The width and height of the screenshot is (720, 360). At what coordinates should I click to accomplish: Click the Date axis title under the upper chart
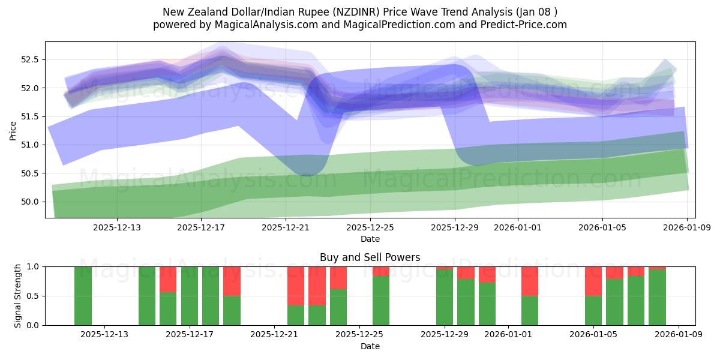370,239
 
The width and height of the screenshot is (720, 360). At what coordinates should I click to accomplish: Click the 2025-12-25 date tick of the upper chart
370,227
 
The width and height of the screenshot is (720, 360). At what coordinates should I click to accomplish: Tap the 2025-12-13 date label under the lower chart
104,335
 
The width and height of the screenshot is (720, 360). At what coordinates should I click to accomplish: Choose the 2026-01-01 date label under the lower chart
508,335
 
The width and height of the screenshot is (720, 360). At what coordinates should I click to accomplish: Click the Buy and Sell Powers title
370,257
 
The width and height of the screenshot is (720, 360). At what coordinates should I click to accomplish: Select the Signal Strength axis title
17,295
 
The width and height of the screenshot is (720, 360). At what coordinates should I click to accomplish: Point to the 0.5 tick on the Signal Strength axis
35,296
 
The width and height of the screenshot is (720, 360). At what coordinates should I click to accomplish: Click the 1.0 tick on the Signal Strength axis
35,266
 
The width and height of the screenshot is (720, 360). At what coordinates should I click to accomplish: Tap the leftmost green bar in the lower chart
83,296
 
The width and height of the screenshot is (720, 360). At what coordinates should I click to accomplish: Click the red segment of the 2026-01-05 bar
593,281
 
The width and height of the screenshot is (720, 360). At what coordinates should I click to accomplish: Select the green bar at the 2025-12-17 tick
190,296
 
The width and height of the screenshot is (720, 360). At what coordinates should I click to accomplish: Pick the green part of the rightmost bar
657,298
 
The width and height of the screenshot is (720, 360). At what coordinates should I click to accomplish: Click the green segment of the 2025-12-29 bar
445,298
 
